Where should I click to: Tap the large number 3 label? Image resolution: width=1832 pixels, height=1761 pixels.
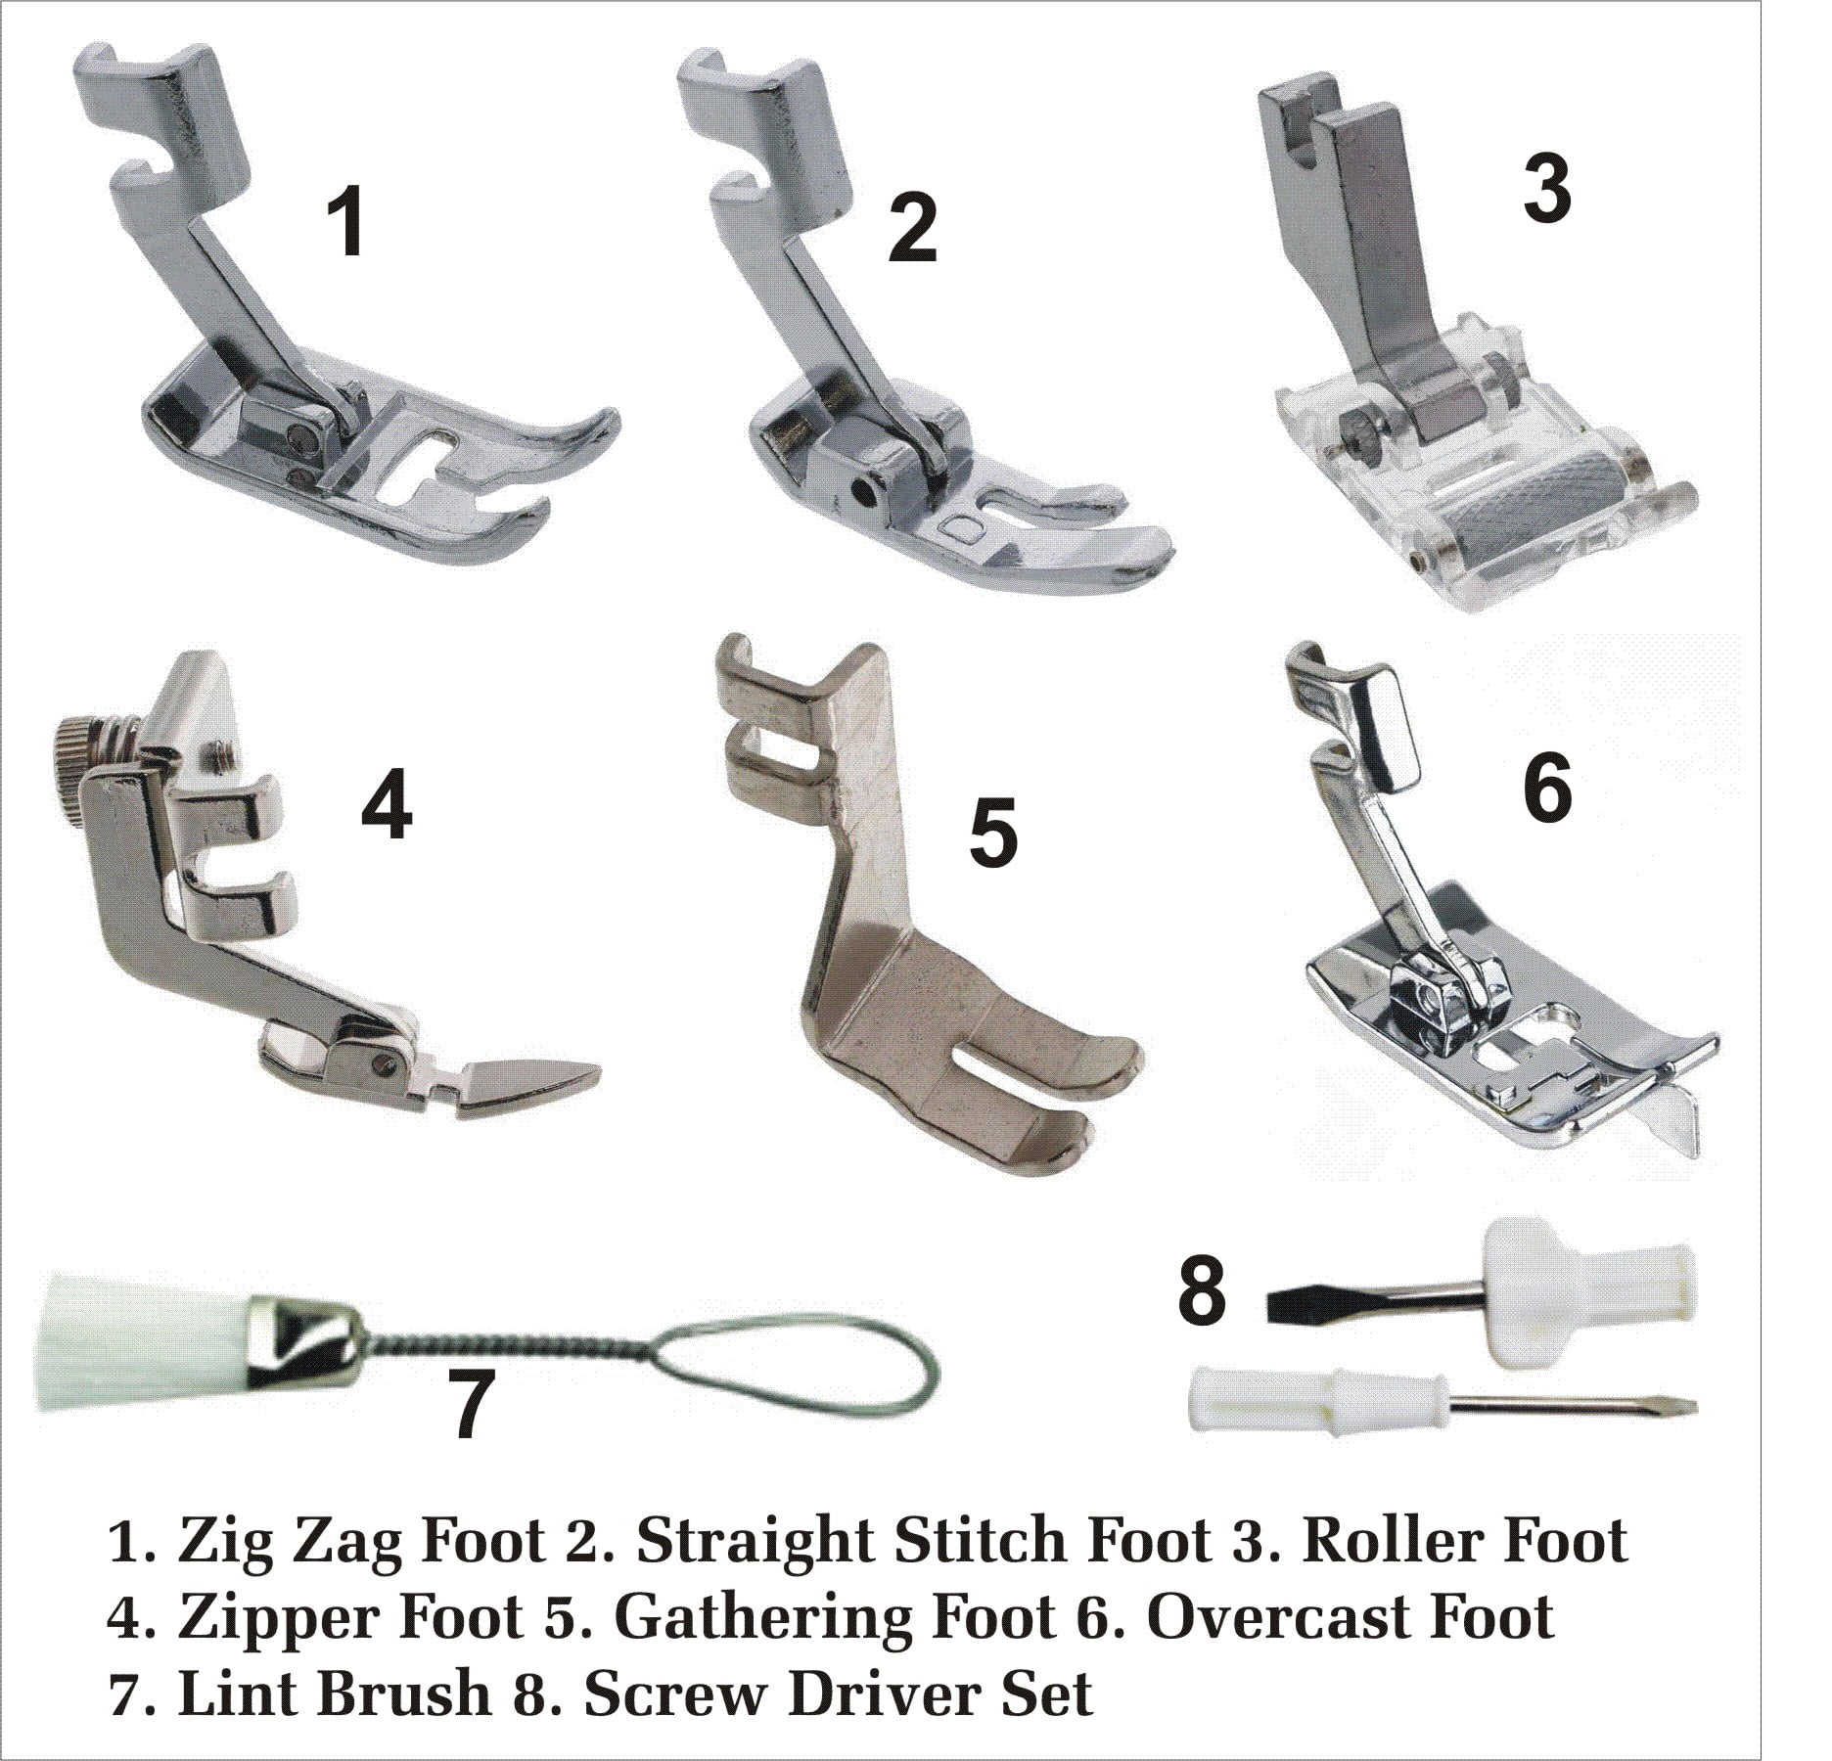pyautogui.click(x=1547, y=188)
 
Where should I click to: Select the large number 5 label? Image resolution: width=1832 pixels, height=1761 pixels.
pyautogui.click(x=993, y=834)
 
